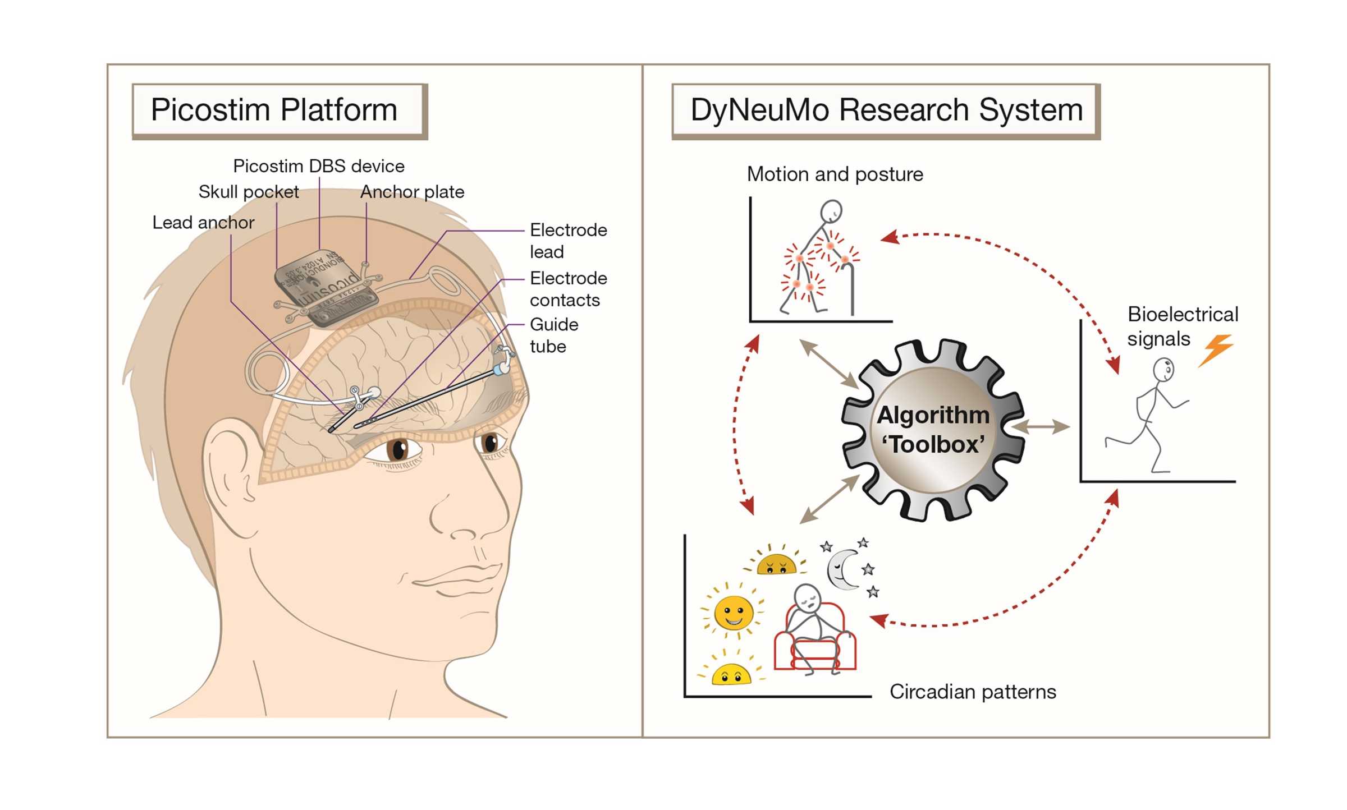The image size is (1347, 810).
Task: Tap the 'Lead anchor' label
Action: click(x=203, y=223)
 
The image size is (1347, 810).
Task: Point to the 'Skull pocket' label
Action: click(x=249, y=192)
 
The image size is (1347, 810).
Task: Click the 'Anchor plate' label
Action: click(x=413, y=192)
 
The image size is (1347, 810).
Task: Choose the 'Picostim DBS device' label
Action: click(x=319, y=166)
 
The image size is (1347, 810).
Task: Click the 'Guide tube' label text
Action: click(x=553, y=335)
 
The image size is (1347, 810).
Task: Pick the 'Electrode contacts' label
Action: click(x=568, y=289)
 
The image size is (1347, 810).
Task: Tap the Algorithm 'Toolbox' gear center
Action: click(x=933, y=430)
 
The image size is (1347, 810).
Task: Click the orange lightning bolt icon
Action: click(x=1216, y=349)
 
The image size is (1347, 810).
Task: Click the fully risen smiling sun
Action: click(x=733, y=612)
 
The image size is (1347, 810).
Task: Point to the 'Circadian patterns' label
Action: click(x=973, y=692)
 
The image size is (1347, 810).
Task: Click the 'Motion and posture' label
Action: click(x=835, y=174)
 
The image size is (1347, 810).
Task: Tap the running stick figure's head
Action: click(x=1163, y=370)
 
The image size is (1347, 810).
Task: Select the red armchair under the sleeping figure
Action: click(x=815, y=645)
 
